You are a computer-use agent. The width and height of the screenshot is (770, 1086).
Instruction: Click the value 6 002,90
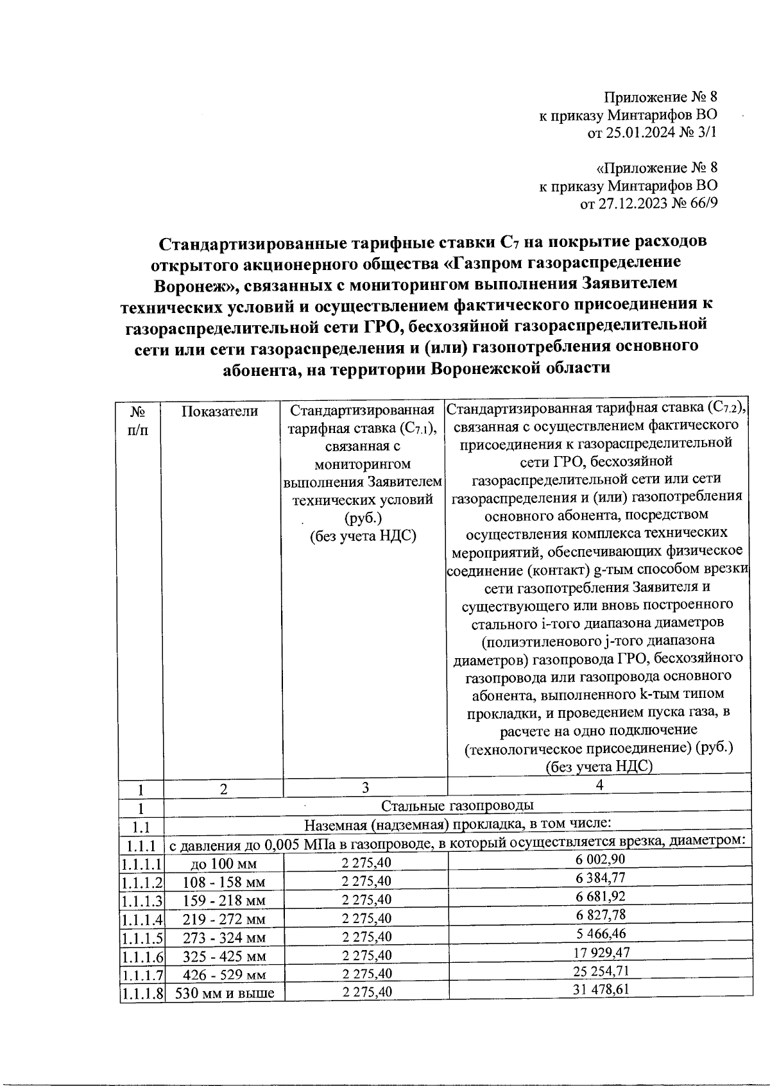pos(599,860)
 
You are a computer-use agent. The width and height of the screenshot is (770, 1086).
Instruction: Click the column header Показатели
pos(219,411)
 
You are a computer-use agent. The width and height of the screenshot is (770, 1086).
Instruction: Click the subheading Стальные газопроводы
pos(458,805)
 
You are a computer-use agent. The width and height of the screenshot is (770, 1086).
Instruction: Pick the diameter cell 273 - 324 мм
pos(223,938)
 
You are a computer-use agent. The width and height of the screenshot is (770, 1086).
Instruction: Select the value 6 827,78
pos(599,915)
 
